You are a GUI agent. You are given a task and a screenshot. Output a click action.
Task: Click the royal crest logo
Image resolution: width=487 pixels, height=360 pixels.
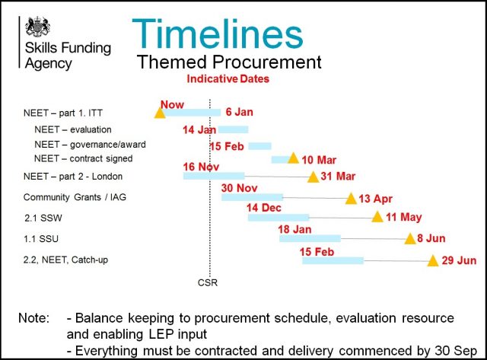click(x=37, y=27)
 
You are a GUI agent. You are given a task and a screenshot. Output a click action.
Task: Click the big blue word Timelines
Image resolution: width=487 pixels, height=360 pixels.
click(x=218, y=33)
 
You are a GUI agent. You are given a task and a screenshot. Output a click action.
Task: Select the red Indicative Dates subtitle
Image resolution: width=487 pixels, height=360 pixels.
click(x=228, y=79)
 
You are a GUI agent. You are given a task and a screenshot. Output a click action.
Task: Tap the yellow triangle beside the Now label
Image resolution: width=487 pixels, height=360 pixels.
click(x=160, y=113)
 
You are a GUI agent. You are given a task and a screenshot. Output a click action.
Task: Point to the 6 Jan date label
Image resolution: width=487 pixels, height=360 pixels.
click(x=239, y=112)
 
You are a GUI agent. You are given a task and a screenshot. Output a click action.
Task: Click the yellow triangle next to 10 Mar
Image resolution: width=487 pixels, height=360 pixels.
click(x=293, y=158)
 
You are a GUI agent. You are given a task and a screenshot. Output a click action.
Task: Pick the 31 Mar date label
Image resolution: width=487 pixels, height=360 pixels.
click(x=338, y=176)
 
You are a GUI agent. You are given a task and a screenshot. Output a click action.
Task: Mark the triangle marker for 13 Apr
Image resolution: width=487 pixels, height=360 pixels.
click(x=351, y=199)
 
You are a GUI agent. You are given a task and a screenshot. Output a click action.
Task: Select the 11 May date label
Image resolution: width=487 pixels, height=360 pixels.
click(x=404, y=217)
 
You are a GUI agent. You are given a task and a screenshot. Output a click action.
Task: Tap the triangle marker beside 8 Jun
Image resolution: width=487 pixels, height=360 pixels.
click(x=410, y=238)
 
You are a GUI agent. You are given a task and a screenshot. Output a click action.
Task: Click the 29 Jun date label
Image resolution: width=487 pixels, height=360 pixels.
click(x=459, y=260)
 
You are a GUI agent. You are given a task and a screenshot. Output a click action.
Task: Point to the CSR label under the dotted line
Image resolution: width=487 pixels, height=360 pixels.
click(x=208, y=282)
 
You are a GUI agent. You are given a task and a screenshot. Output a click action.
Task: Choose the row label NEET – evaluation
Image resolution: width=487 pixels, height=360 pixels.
click(x=73, y=129)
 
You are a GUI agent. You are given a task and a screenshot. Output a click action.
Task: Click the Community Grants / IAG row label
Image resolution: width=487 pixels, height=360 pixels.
click(x=75, y=197)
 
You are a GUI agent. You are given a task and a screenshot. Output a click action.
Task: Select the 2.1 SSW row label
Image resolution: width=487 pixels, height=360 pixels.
click(x=43, y=218)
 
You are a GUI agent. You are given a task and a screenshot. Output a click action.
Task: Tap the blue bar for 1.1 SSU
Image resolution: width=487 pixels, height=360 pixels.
click(x=310, y=238)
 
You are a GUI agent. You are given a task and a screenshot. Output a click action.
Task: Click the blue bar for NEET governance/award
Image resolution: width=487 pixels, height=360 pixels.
click(x=260, y=146)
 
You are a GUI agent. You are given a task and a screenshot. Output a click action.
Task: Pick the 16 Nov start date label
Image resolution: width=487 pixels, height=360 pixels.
click(x=201, y=167)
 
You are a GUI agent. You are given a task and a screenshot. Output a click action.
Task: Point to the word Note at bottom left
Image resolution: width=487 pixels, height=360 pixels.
click(x=33, y=318)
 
